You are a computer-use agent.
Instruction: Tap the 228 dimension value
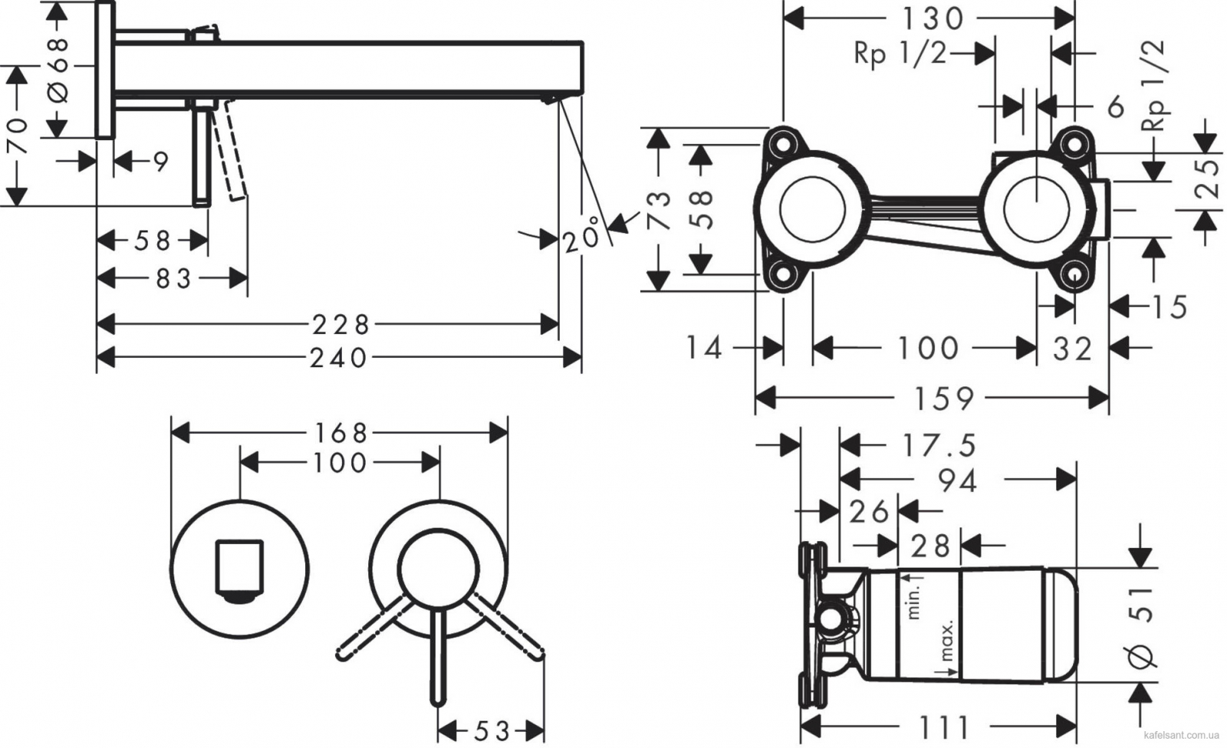click(x=341, y=325)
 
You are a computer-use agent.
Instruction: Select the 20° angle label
click(x=582, y=234)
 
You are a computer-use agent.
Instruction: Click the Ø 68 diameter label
click(x=58, y=70)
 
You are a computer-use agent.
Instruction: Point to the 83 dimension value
click(x=173, y=279)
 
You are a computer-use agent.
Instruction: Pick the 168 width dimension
click(x=340, y=434)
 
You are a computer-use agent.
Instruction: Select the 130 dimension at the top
click(x=933, y=19)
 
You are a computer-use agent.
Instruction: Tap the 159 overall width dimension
click(x=944, y=398)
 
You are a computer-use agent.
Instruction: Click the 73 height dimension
click(x=659, y=210)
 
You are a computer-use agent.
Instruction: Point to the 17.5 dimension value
click(x=939, y=445)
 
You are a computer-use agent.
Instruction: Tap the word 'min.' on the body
click(x=913, y=600)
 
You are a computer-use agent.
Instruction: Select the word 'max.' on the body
click(x=947, y=641)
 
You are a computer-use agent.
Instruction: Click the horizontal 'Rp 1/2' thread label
click(x=900, y=54)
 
